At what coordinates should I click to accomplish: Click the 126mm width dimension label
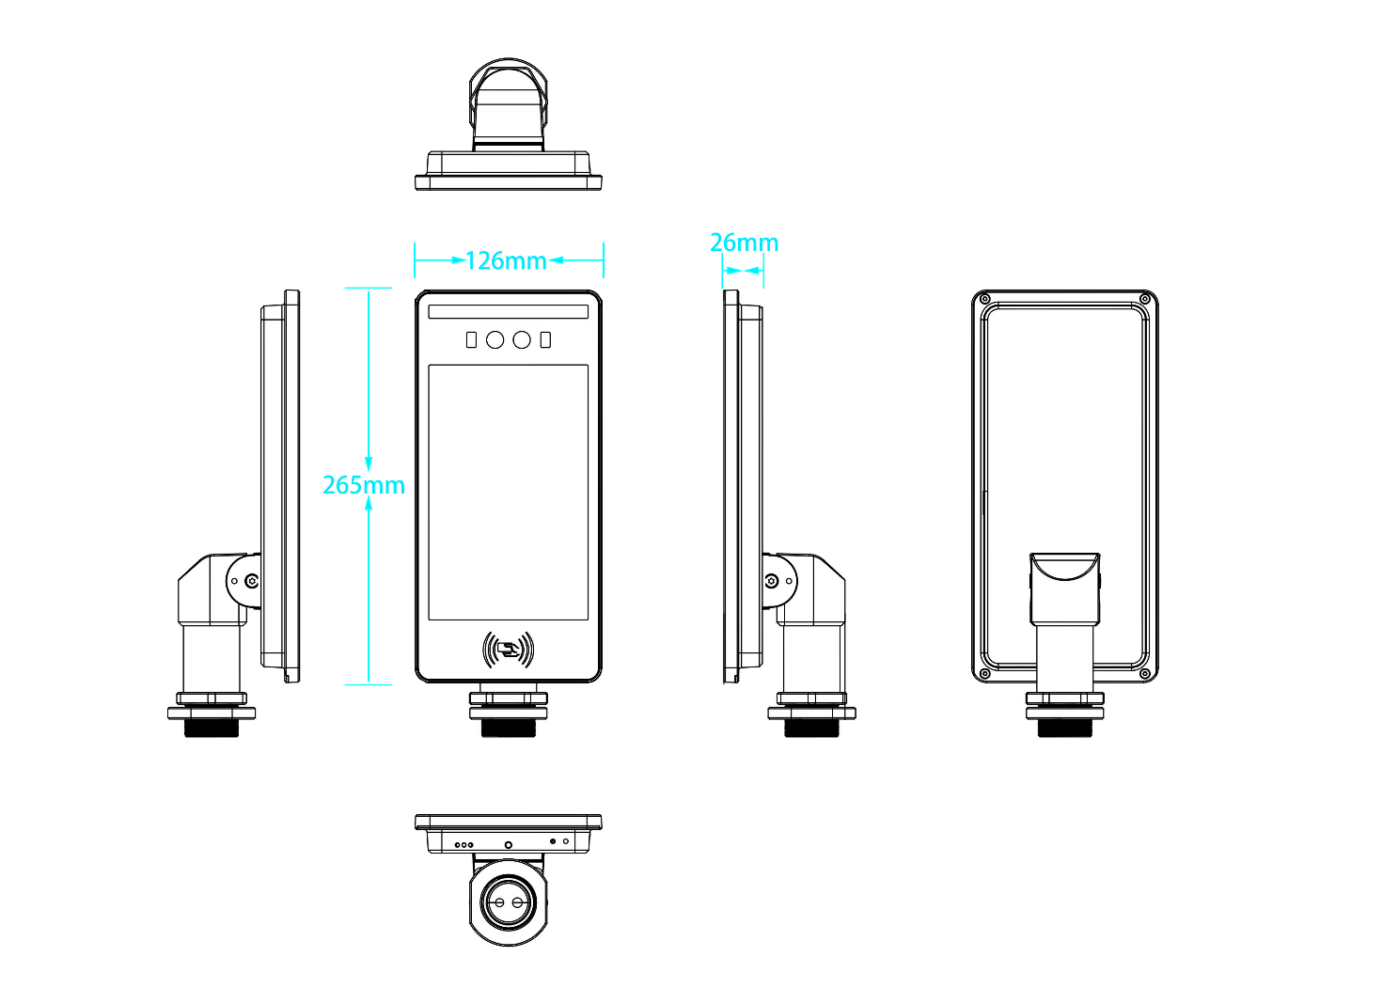point(506,260)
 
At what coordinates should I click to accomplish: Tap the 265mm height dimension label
point(363,485)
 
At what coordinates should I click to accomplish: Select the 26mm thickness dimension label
point(744,243)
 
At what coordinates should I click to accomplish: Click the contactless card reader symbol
point(508,650)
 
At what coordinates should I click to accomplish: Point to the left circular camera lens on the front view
point(495,339)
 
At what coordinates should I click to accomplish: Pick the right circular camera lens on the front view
point(522,339)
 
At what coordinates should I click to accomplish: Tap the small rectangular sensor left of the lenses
point(471,339)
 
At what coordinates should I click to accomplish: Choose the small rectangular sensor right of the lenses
point(545,339)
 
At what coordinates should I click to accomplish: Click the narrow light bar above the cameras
point(508,311)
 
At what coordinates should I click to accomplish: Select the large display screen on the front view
point(508,492)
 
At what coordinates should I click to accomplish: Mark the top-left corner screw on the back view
point(985,300)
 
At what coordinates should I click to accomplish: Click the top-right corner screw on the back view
point(1144,300)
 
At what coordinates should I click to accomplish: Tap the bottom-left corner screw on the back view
point(985,673)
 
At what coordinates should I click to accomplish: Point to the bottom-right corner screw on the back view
point(1144,673)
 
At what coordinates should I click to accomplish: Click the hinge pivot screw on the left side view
point(251,581)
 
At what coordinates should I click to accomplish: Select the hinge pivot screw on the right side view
point(772,581)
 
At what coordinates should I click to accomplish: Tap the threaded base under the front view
point(508,727)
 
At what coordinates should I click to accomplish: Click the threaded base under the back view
point(1064,727)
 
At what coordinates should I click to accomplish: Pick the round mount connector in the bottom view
point(508,902)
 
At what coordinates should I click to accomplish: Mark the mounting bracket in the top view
point(508,103)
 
